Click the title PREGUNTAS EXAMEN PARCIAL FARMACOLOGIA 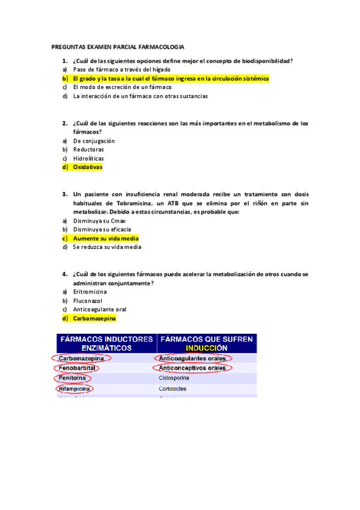coord(118,47)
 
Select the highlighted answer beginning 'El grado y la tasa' coord(171,78)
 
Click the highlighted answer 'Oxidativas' coord(88,167)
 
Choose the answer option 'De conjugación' coord(94,141)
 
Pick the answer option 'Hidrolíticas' coord(89,158)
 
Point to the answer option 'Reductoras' coord(88,149)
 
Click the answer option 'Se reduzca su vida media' coord(107,247)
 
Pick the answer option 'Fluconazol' coord(88,300)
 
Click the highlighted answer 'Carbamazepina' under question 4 coord(94,318)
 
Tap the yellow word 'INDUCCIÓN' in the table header coord(206,348)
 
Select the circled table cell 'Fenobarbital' coord(76,368)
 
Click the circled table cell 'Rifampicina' coord(75,389)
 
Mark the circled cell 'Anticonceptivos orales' coord(192,368)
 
